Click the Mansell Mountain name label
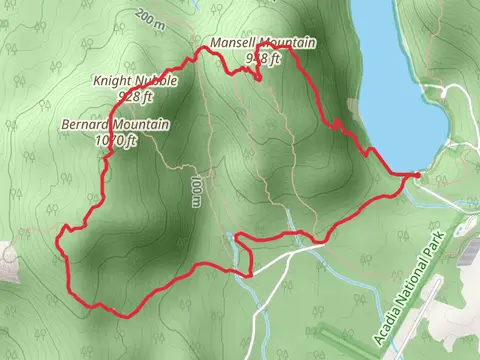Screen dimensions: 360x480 pos(263,43)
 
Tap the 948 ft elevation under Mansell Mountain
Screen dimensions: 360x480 pos(263,58)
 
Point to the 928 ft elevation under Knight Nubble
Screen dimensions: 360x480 pos(135,96)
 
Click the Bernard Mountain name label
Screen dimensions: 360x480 pos(115,125)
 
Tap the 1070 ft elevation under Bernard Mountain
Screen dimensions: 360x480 pos(114,141)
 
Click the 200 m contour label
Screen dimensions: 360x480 pos(149,17)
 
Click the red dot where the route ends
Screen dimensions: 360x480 pos(416,175)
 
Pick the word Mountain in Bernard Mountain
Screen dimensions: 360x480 pos(141,125)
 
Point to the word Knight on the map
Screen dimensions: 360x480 pos(111,80)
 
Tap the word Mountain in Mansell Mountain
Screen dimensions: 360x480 pos(290,43)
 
